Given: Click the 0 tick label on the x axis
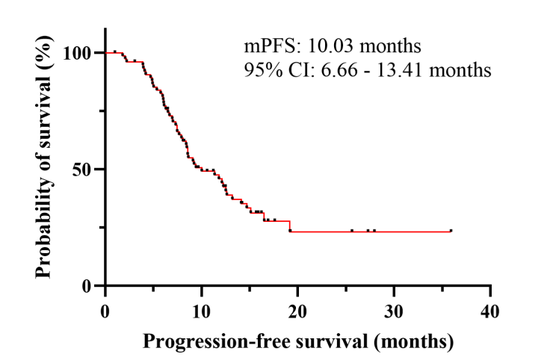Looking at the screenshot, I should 105,311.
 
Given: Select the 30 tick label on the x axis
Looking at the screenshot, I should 394,311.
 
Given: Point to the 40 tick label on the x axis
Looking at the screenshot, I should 490,311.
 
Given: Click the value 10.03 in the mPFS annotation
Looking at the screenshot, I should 320,47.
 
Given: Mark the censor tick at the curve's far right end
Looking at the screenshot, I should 451,231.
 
